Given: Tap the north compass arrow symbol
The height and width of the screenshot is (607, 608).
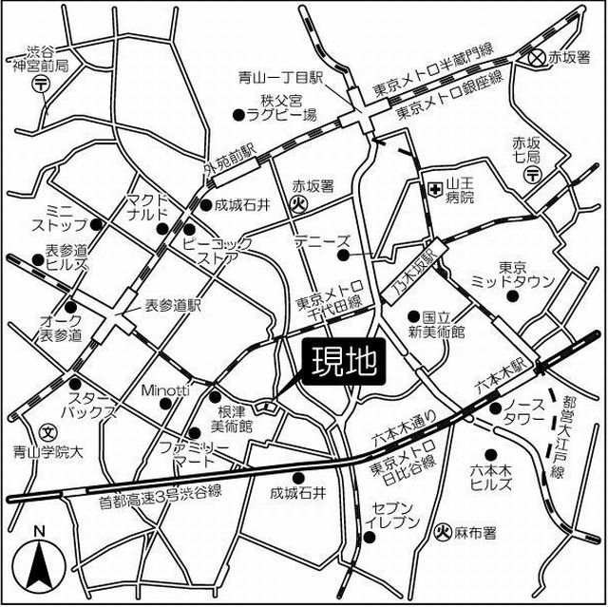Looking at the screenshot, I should coord(39,560).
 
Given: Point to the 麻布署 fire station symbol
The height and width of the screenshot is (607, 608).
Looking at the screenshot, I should coord(442,534).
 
